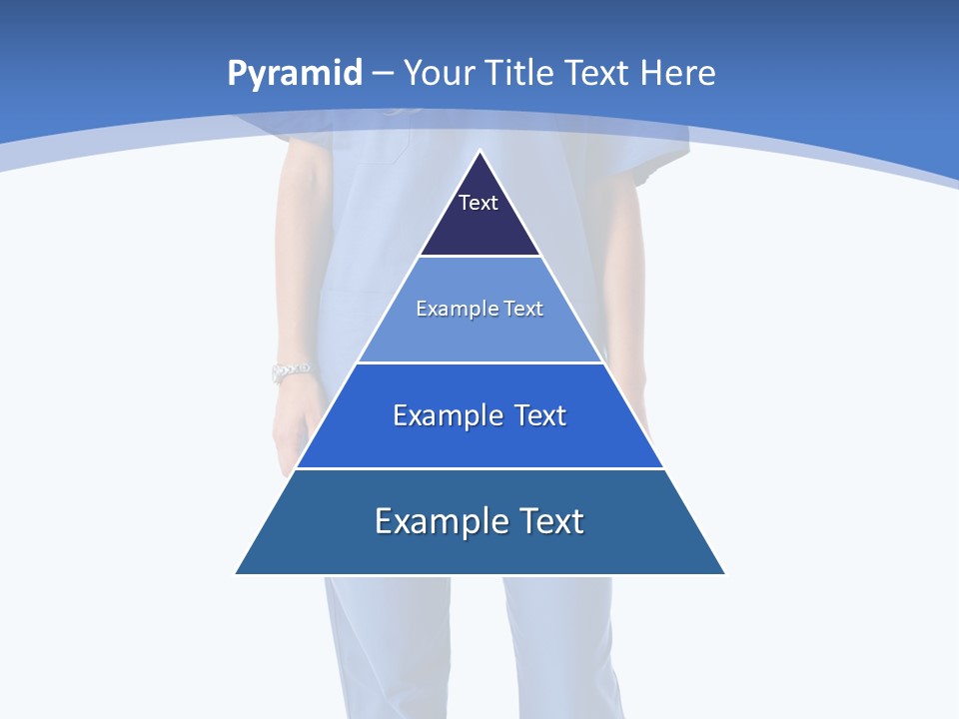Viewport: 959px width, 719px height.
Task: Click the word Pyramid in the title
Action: (294, 74)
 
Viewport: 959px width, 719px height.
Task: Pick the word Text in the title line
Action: (596, 73)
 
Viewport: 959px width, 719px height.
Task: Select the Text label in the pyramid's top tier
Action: (479, 203)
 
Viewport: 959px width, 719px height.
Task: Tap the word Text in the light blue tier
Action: (523, 309)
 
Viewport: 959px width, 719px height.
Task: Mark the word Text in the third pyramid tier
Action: (540, 415)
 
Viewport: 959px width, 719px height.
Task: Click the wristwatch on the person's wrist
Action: (291, 372)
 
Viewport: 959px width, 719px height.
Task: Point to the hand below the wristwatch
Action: (300, 424)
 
